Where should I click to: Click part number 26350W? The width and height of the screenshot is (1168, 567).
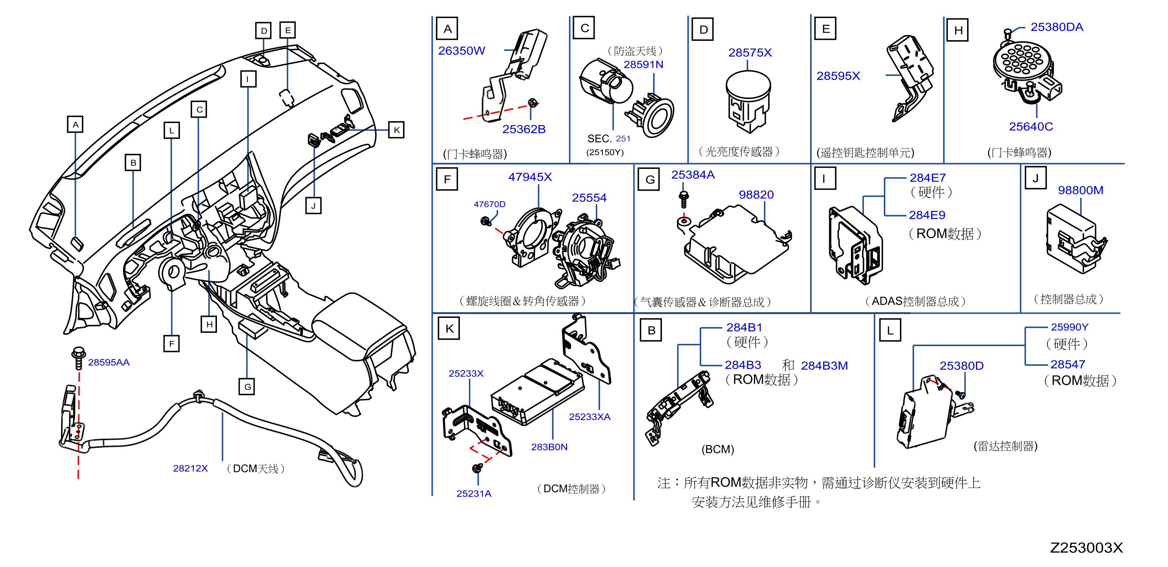click(461, 51)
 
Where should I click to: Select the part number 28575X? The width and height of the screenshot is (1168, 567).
click(749, 53)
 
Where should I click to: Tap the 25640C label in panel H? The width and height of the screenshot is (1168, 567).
click(1030, 126)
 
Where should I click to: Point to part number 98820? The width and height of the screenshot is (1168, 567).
click(756, 194)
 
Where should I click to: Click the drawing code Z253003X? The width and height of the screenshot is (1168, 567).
click(1086, 548)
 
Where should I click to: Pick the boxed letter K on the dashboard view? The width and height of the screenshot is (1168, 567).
click(396, 130)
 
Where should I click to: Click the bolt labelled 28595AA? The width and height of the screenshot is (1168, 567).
click(78, 358)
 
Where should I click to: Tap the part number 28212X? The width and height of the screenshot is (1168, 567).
click(191, 468)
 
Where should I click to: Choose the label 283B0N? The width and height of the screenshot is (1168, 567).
click(549, 447)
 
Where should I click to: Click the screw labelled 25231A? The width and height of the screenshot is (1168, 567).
click(477, 468)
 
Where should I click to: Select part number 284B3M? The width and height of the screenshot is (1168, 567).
click(824, 366)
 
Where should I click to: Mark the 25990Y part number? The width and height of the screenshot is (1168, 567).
click(1069, 327)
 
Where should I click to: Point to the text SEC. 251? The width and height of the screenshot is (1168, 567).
click(608, 138)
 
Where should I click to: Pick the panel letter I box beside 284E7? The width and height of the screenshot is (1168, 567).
click(824, 178)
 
